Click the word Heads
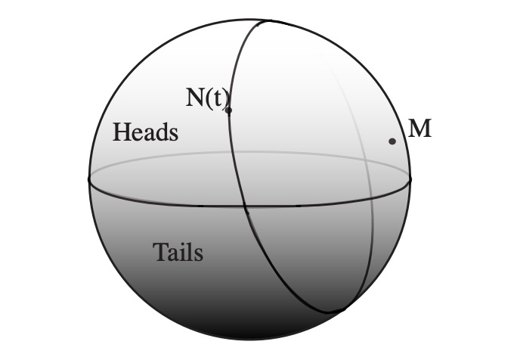(145, 132)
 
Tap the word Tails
(178, 252)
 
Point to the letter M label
(420, 129)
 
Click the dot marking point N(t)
(228, 110)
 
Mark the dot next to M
(392, 141)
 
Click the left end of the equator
(89, 179)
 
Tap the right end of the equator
(411, 179)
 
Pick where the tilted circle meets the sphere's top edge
(261, 20)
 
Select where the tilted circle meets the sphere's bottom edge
(340, 311)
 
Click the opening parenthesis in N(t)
(208, 98)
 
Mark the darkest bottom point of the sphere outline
(250, 340)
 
